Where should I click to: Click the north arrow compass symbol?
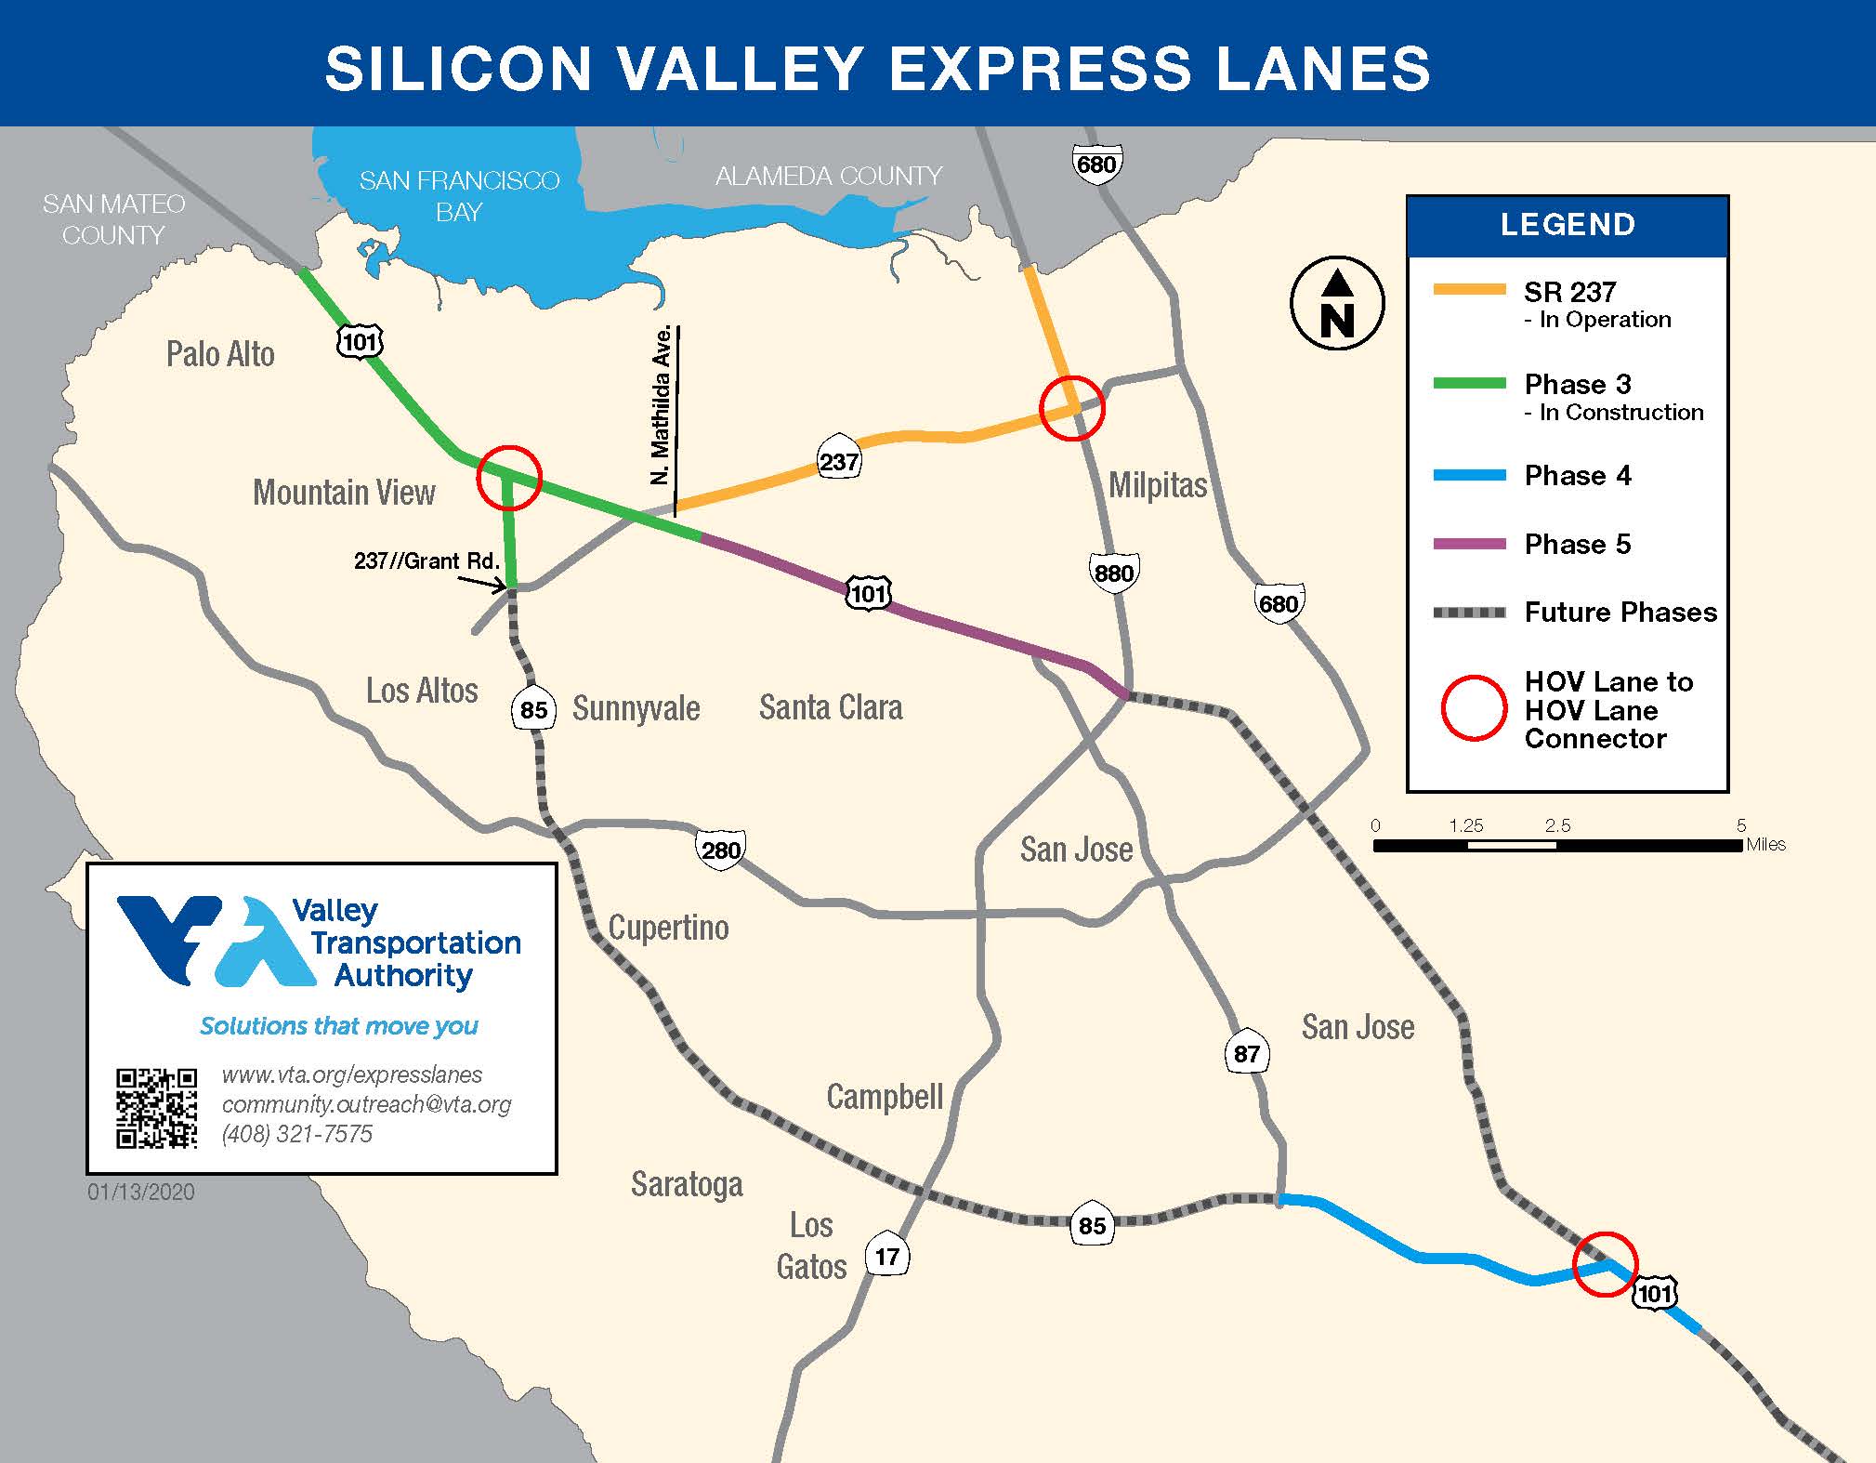click(1336, 303)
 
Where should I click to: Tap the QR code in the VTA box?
click(156, 1108)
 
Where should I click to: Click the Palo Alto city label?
click(220, 354)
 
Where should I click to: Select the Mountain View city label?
click(344, 493)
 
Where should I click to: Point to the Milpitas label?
click(1158, 485)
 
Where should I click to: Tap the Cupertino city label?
click(668, 928)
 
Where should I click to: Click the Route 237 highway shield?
click(839, 461)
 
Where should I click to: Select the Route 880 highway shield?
click(1113, 573)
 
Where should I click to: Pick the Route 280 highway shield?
click(720, 850)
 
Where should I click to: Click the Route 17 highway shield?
click(886, 1257)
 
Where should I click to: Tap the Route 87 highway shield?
click(1246, 1054)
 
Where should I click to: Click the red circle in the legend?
click(1473, 708)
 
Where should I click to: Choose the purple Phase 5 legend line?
click(1469, 545)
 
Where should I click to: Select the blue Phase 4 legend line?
click(1469, 476)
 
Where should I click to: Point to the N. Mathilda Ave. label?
click(661, 404)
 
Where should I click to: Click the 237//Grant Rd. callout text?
click(426, 561)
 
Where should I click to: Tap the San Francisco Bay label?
click(459, 195)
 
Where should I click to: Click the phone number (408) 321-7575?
click(296, 1134)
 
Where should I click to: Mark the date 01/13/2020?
click(141, 1193)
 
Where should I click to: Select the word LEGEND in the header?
click(1568, 225)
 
